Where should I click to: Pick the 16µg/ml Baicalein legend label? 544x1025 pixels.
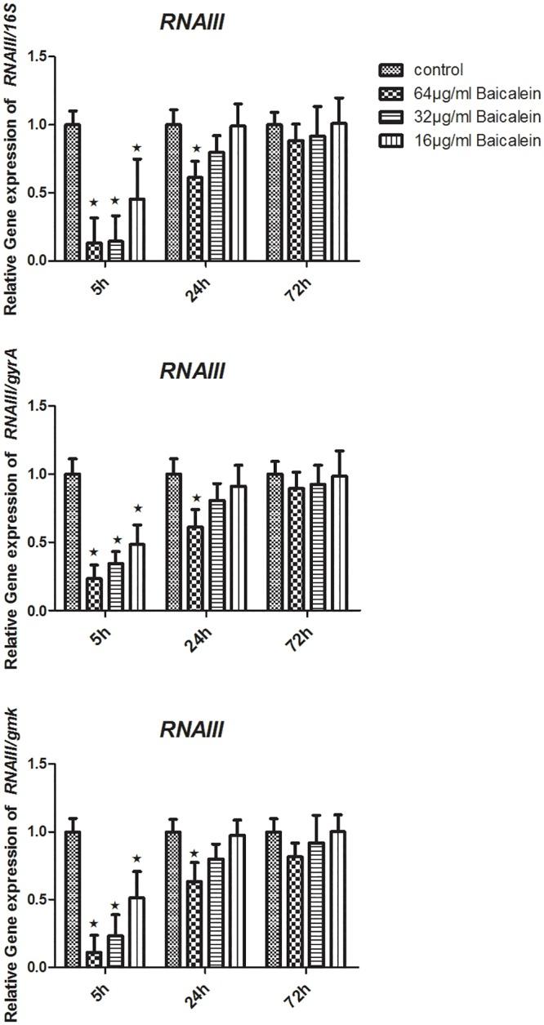(x=469, y=140)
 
